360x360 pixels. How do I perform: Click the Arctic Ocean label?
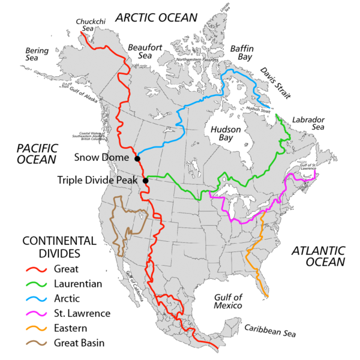click(x=157, y=17)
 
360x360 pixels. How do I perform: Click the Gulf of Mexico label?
click(x=229, y=301)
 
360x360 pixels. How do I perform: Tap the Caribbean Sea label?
click(x=269, y=330)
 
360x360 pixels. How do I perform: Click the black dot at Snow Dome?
click(x=137, y=158)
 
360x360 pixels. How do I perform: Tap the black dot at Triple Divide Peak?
click(x=145, y=180)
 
